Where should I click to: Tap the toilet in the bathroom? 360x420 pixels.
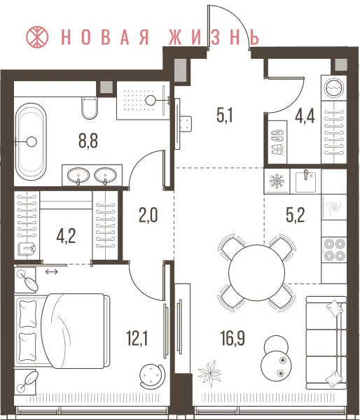click(90, 108)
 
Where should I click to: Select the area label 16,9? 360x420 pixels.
click(233, 338)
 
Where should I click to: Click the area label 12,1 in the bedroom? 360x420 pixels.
click(137, 338)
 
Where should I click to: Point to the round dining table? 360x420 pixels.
click(256, 272)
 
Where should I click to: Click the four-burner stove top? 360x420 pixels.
click(334, 250)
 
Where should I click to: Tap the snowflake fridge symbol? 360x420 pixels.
click(277, 181)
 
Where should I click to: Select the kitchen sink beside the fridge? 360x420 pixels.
click(306, 181)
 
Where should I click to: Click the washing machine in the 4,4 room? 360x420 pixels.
click(334, 87)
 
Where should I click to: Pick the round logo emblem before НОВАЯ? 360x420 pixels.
click(37, 36)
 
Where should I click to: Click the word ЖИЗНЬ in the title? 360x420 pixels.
click(214, 36)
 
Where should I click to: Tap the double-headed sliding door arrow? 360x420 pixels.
click(51, 272)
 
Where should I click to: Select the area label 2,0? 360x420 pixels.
click(148, 216)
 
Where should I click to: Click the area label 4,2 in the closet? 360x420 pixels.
click(66, 237)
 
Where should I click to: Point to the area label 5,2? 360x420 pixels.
click(296, 215)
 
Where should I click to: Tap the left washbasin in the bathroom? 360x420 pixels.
click(78, 176)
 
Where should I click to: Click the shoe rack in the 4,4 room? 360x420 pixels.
click(277, 141)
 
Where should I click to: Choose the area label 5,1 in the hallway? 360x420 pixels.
click(225, 116)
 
